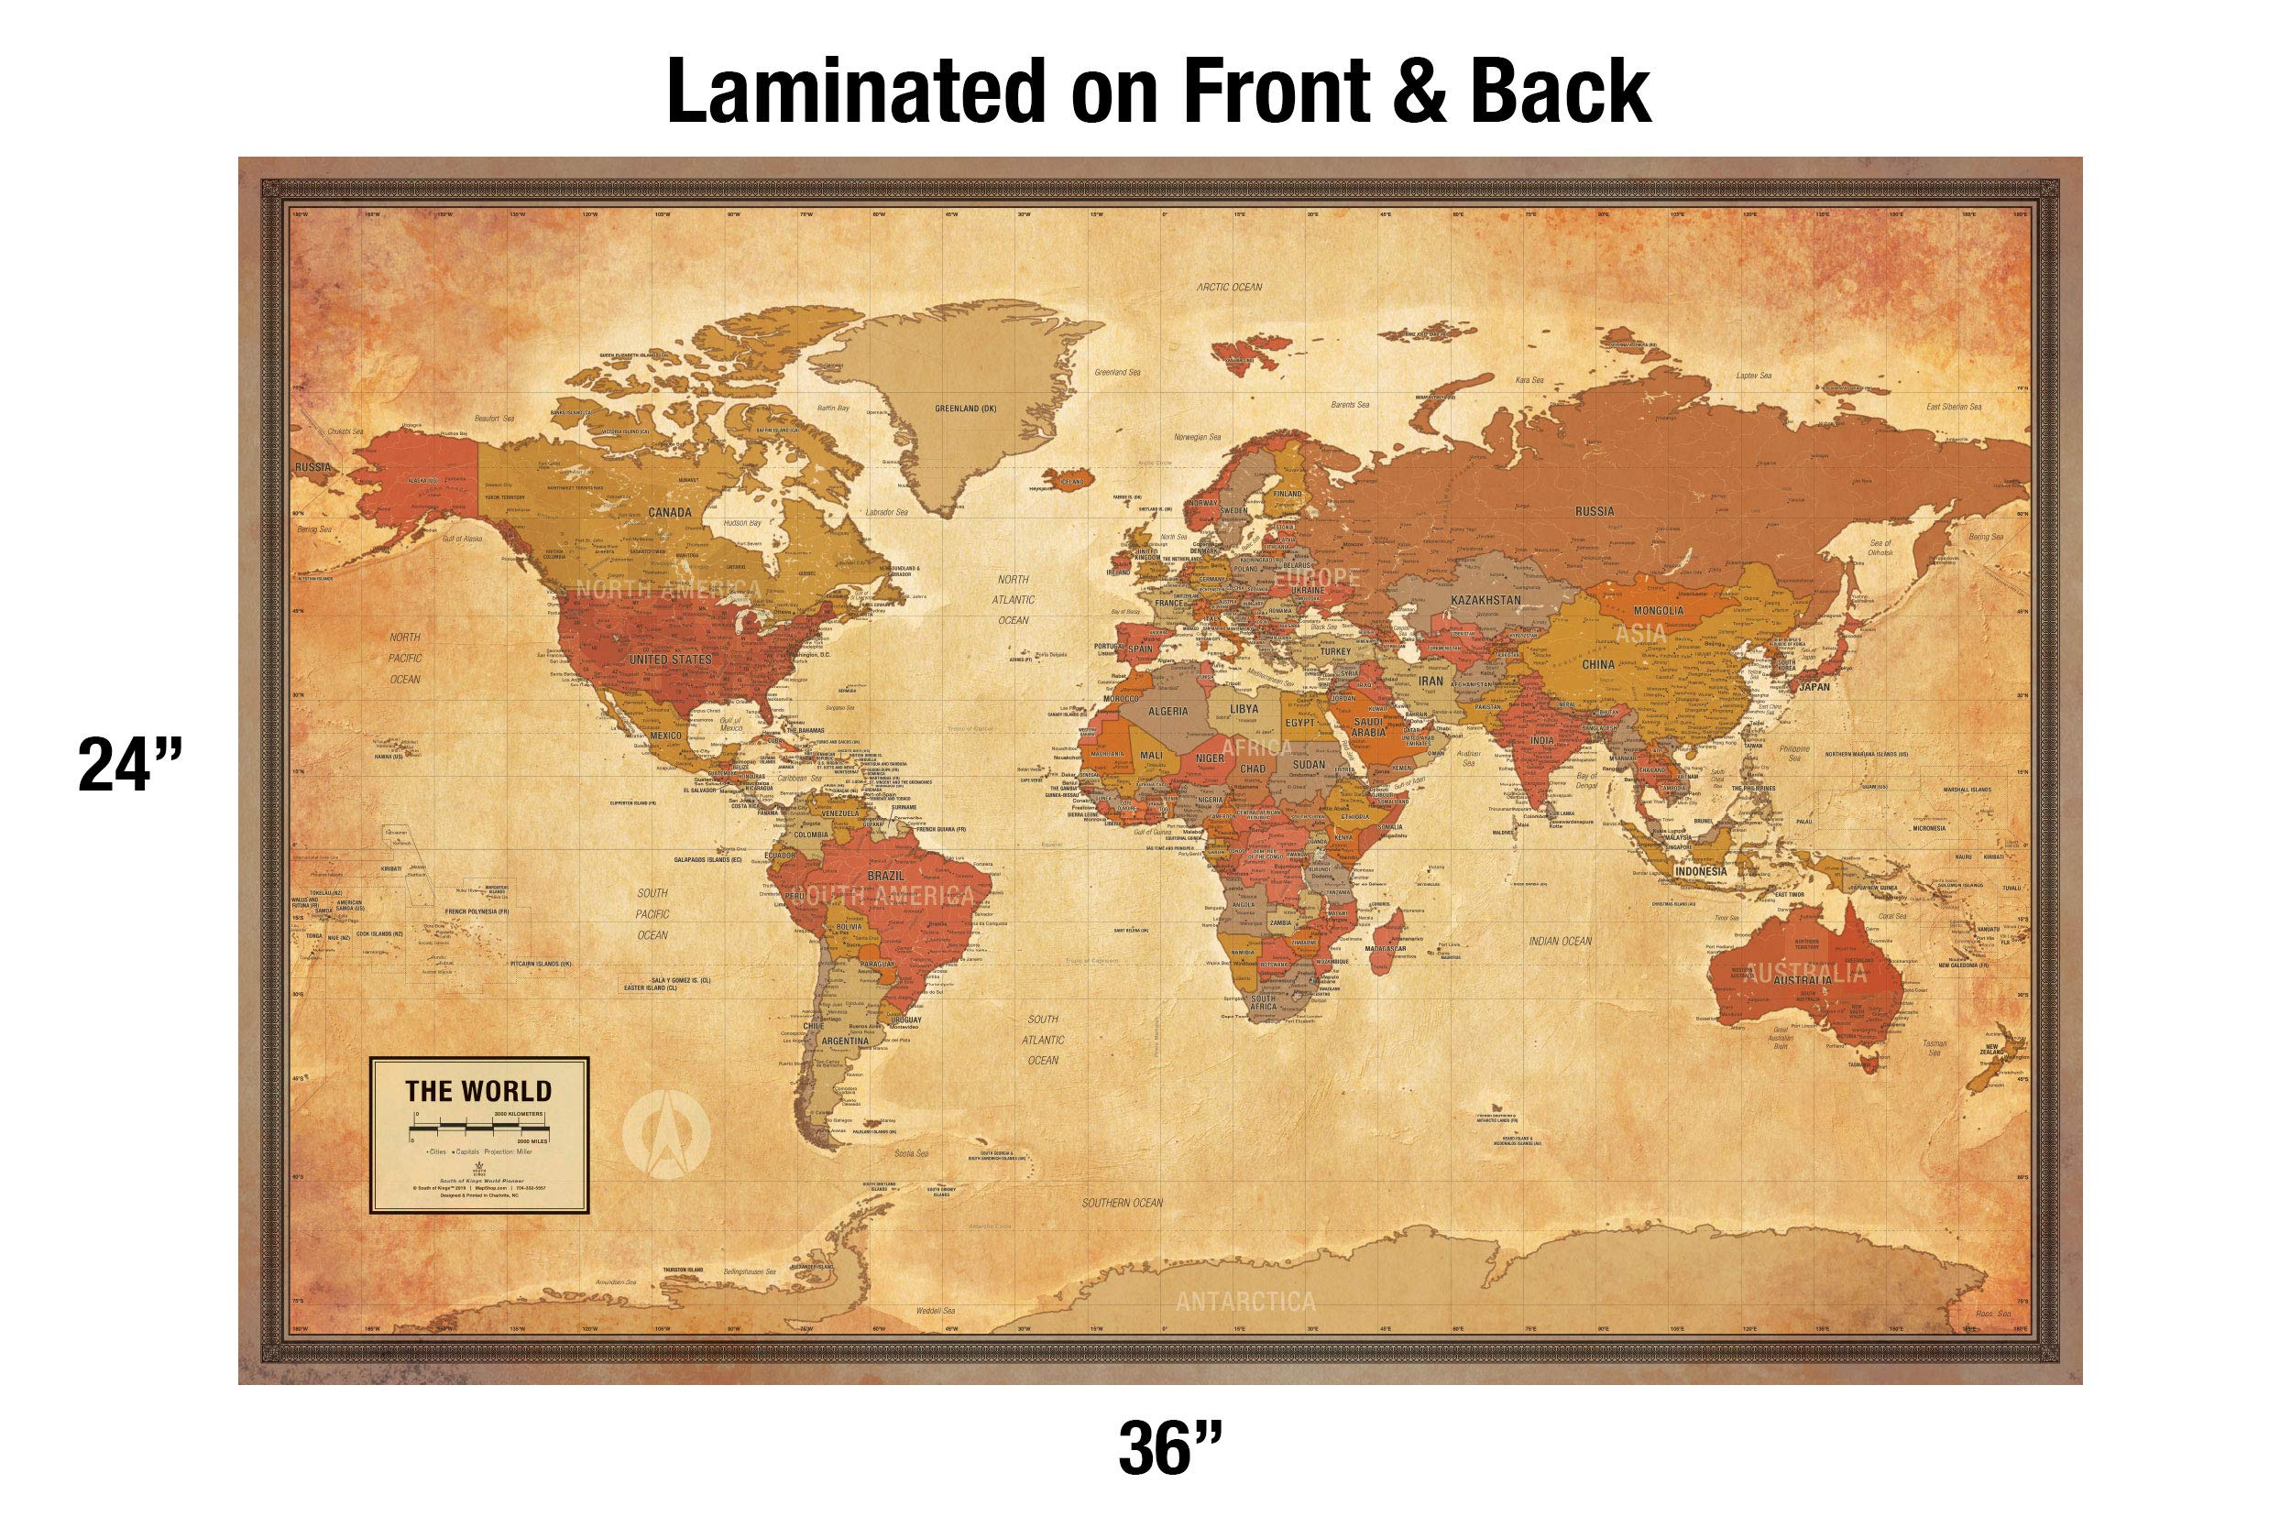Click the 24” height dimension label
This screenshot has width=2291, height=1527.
click(129, 765)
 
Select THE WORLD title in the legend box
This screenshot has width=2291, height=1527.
click(478, 1091)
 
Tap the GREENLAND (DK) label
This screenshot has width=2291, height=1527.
click(965, 408)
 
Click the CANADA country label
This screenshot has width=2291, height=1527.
click(669, 512)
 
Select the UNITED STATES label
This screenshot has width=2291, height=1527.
click(670, 660)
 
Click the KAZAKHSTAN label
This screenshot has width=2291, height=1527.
click(1485, 600)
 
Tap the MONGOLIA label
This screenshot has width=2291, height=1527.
click(1658, 611)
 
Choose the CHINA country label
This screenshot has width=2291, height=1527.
click(1597, 664)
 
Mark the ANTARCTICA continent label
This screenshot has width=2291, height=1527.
click(1244, 1301)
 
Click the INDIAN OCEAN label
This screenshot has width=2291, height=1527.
click(1560, 941)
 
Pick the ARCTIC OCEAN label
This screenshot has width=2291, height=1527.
click(1229, 287)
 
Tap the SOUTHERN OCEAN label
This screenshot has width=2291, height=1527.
click(1122, 1203)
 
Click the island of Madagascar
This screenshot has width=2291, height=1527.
click(1387, 939)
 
